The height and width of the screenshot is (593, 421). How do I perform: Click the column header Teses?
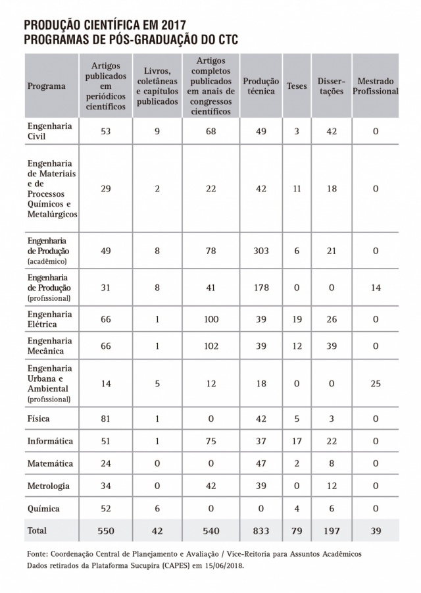click(297, 86)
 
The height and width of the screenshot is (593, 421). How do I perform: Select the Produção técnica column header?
click(260, 86)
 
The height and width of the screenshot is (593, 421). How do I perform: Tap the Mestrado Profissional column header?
click(376, 86)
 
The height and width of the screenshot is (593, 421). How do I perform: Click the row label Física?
click(39, 419)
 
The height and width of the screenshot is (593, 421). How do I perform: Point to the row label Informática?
click(50, 441)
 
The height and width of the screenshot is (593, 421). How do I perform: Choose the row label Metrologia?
click(49, 486)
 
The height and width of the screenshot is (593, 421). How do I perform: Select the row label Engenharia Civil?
click(49, 131)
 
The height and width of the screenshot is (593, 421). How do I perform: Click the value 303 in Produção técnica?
click(260, 251)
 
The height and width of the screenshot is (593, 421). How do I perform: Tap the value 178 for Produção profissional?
click(260, 288)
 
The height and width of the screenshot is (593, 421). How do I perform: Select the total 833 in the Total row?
click(260, 530)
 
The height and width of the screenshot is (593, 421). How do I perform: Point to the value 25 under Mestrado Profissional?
click(376, 383)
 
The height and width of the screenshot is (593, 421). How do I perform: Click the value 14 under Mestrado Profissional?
click(376, 288)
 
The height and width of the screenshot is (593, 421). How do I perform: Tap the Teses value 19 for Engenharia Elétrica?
click(297, 319)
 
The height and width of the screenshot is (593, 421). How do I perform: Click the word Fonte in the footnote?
click(39, 554)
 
